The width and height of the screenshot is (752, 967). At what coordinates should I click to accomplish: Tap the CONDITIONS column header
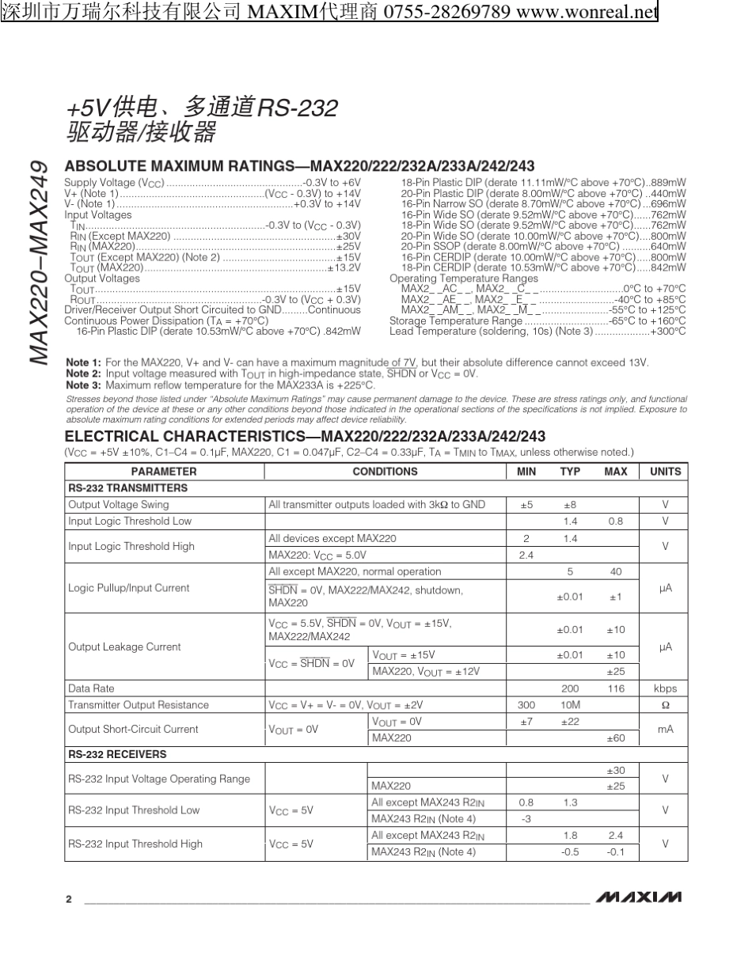[385, 472]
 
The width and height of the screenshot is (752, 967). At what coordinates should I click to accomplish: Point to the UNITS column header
[665, 472]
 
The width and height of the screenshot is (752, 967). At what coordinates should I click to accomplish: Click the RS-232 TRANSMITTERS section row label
[128, 488]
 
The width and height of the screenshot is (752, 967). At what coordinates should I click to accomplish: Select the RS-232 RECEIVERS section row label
[117, 754]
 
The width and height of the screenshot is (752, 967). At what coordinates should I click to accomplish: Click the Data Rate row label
[92, 688]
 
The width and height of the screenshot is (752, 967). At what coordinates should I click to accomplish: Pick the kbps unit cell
[665, 688]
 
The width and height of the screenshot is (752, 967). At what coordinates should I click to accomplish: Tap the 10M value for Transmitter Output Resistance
[570, 705]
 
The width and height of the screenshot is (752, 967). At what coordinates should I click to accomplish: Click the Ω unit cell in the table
[665, 705]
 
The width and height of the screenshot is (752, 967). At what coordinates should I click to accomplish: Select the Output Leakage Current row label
[124, 647]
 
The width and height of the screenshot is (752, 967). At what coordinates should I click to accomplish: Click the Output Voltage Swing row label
[119, 505]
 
